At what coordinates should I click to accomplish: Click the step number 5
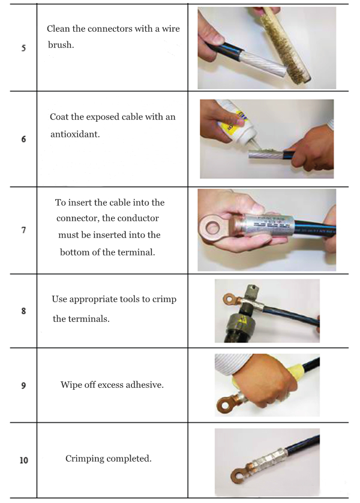tap(23, 48)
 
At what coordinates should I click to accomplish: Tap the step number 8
tap(23, 311)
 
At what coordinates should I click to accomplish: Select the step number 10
tap(24, 460)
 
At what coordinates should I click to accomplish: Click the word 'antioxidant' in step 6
tap(74, 134)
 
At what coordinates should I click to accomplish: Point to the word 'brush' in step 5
tap(61, 45)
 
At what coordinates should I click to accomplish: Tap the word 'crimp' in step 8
tap(164, 300)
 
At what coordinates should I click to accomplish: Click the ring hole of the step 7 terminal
tap(212, 228)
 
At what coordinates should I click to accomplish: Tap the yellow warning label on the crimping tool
tap(241, 321)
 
